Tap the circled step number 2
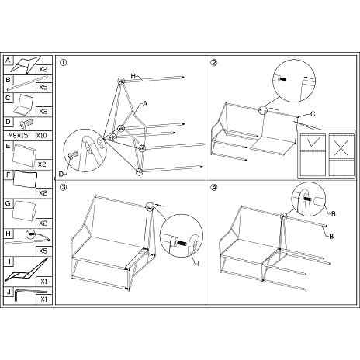tap(214, 64)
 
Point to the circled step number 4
tap(214, 187)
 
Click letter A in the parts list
tap(8, 60)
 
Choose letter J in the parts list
tap(8, 292)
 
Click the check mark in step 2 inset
tap(313, 144)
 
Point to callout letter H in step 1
tap(134, 76)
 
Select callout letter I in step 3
tap(198, 264)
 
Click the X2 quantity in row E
tap(43, 165)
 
